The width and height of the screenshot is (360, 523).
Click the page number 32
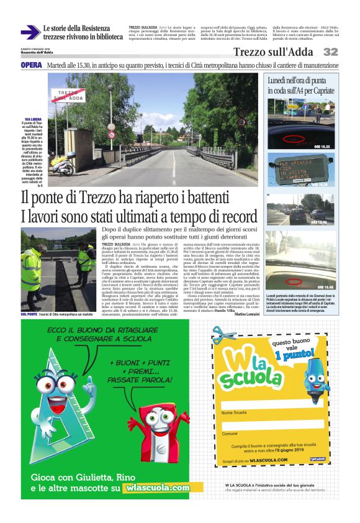330,52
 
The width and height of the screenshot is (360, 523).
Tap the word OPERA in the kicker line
31,65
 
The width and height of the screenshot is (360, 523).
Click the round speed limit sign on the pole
111,133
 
